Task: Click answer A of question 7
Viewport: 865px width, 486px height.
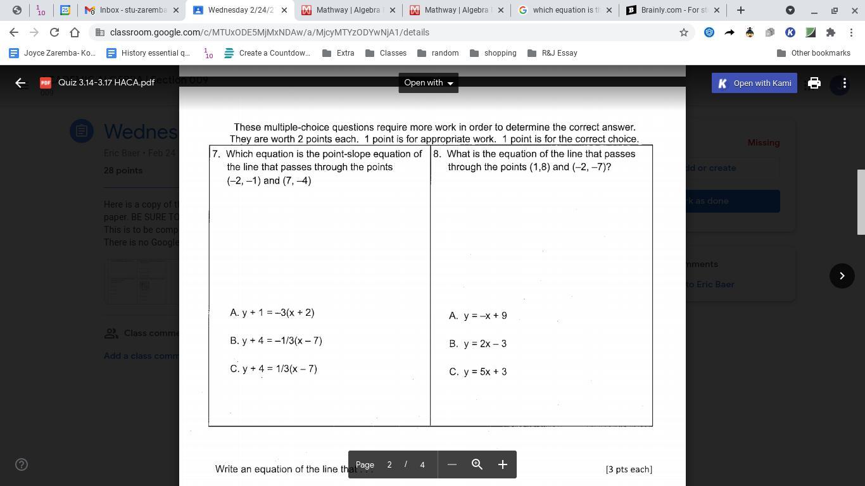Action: (272, 313)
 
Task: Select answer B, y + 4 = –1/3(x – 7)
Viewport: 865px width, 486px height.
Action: (276, 340)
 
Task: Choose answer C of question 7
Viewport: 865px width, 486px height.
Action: (274, 369)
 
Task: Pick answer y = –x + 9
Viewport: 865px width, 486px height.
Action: (478, 316)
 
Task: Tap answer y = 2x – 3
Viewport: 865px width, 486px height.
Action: (478, 344)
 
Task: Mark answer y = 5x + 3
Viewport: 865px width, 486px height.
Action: (478, 372)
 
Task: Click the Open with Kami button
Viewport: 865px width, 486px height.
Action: (754, 83)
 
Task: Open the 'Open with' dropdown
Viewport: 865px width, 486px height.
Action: (429, 83)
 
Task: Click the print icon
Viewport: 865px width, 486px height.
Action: (814, 83)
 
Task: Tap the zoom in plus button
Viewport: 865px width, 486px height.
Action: (503, 464)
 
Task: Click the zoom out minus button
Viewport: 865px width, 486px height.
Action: (452, 464)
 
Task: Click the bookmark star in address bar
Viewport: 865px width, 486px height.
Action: (684, 32)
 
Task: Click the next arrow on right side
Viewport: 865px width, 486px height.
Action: (842, 276)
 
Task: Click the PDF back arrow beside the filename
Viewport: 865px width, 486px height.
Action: (20, 83)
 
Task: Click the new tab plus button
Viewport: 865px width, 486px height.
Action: (741, 10)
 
